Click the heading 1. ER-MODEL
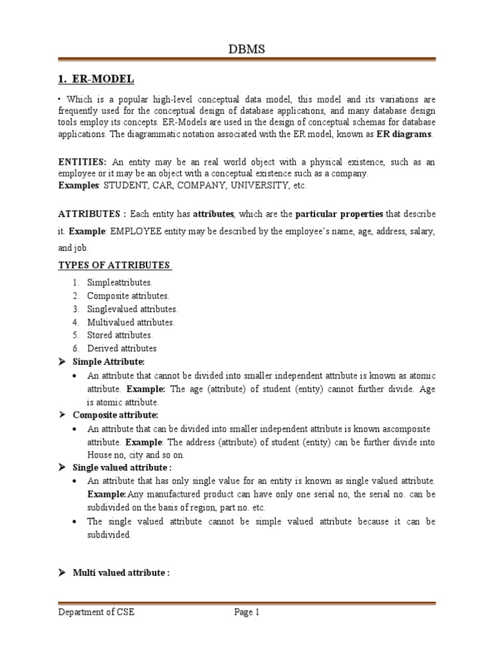(x=96, y=79)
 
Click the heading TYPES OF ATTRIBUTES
(x=114, y=265)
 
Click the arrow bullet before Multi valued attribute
(x=63, y=572)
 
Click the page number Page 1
(x=246, y=613)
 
